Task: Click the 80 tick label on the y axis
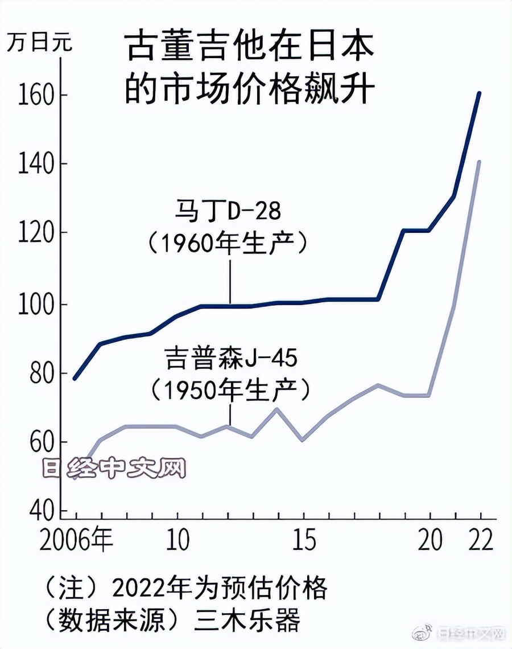point(32,373)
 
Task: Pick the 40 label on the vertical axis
point(32,511)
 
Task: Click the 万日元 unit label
point(39,43)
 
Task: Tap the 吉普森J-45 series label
point(231,360)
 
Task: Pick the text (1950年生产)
point(231,391)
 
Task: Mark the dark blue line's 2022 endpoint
point(480,93)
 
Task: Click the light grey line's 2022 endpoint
point(480,162)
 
